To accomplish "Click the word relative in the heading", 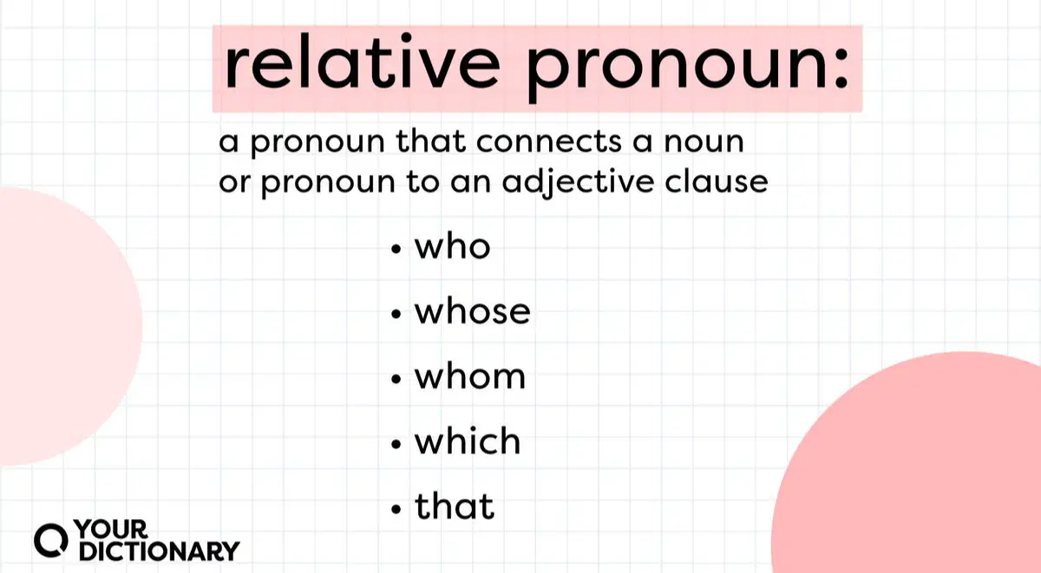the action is tap(363, 62).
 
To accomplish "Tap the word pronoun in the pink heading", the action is tap(675, 68).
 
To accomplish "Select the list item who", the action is tap(452, 246).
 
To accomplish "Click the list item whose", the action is tap(472, 311).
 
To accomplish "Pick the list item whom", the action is tap(470, 376).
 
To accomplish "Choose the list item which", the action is tap(468, 440).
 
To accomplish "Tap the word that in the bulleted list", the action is tap(455, 505).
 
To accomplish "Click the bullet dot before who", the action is tap(396, 250).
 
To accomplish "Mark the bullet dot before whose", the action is tap(396, 315).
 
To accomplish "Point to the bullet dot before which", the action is tap(396, 445).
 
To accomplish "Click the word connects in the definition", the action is tap(549, 141).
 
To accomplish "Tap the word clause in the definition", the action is tap(717, 181).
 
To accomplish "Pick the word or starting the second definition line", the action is tap(235, 183).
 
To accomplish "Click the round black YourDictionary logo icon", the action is tap(51, 540).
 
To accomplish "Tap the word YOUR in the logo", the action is tap(111, 530).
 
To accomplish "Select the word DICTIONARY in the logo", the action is tap(159, 551).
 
